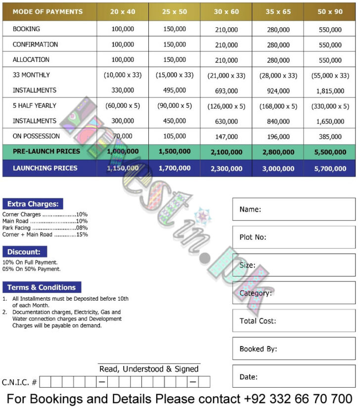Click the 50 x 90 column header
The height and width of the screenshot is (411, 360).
329,11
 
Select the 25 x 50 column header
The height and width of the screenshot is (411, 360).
175,11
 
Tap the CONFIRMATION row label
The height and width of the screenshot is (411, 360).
35,45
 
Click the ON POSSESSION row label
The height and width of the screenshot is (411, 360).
36,136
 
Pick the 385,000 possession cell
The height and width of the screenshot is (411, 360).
330,137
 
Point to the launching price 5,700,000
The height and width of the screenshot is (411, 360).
330,169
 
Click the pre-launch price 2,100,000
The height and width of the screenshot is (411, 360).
226,152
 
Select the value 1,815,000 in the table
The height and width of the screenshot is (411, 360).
330,91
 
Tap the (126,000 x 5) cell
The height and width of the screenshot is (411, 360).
226,106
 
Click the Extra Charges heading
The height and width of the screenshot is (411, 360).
33,204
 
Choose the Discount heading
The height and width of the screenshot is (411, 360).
23,252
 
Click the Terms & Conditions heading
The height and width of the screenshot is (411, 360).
42,287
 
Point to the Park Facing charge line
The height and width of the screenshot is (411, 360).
45,228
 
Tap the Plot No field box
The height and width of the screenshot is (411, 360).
294,237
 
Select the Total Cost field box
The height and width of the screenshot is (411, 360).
294,321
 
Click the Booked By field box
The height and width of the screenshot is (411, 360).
294,349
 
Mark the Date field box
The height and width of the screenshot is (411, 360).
294,377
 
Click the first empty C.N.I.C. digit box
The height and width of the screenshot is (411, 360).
45,382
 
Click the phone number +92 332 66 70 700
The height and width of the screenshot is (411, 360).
298,399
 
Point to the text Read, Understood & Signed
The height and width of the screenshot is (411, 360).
149,369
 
